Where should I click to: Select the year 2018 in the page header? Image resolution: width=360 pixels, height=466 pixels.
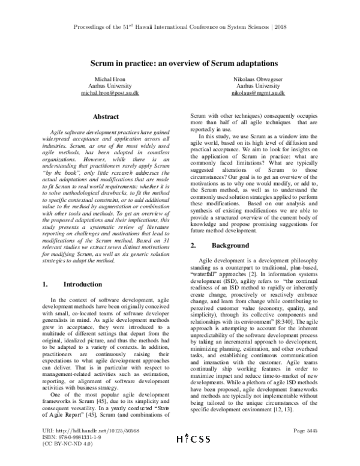tap(297, 28)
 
